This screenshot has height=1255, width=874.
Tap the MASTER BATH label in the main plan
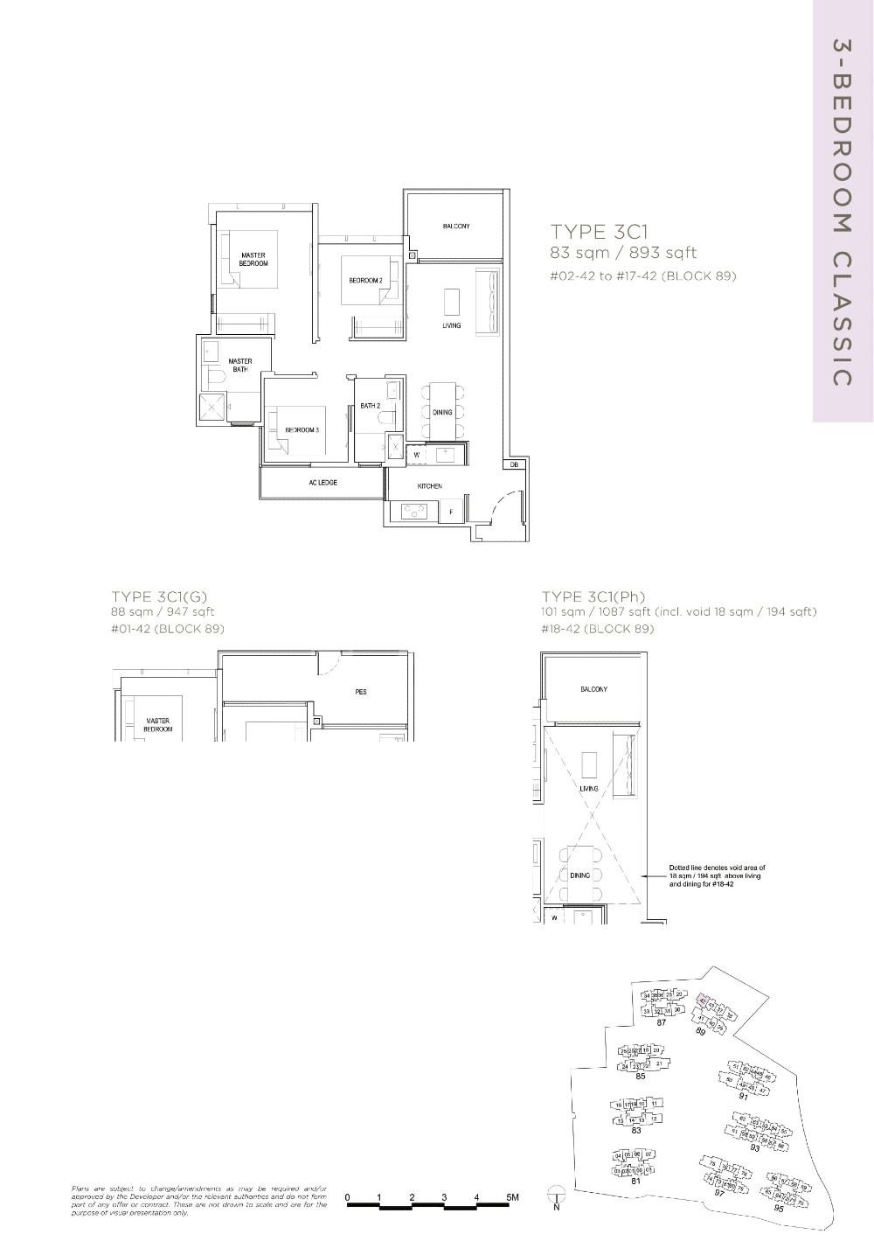239,366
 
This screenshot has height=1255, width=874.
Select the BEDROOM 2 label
366,281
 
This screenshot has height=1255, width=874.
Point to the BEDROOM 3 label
302,430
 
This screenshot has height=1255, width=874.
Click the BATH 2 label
370,406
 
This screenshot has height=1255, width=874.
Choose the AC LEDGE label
323,483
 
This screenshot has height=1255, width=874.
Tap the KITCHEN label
429,486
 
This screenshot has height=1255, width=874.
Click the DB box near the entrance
515,465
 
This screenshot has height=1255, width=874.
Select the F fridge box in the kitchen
451,512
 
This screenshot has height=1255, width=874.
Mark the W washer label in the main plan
416,455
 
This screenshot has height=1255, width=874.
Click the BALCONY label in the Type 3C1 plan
455,227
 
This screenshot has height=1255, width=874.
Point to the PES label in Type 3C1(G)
361,692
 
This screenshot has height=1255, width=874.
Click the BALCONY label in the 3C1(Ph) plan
593,690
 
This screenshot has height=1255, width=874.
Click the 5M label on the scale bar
512,1197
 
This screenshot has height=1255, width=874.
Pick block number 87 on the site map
662,1022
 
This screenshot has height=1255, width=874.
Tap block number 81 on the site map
636,1182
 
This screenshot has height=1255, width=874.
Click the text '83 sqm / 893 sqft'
623,254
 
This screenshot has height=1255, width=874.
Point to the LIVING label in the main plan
451,326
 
